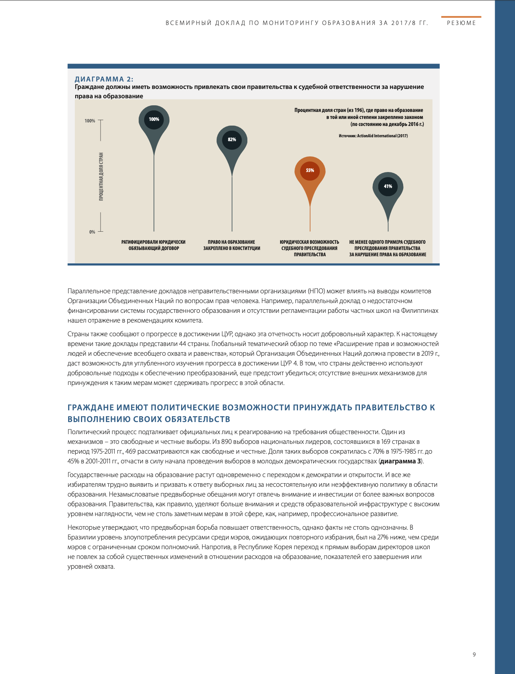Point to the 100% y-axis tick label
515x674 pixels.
90,121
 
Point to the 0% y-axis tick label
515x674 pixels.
92,232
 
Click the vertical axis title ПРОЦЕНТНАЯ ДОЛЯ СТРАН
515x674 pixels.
101,177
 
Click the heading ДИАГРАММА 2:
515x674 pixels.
104,79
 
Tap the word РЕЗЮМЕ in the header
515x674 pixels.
461,23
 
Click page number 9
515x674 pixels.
474,654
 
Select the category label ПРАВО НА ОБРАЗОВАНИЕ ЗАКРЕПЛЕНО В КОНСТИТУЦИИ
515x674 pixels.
232,245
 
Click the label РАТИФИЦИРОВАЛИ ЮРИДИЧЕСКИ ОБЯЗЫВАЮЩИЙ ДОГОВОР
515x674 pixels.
154,245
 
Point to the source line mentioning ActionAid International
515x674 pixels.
373,136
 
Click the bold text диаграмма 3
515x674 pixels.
400,461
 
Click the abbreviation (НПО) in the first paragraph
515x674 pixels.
316,291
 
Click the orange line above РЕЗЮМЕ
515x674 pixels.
461,17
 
